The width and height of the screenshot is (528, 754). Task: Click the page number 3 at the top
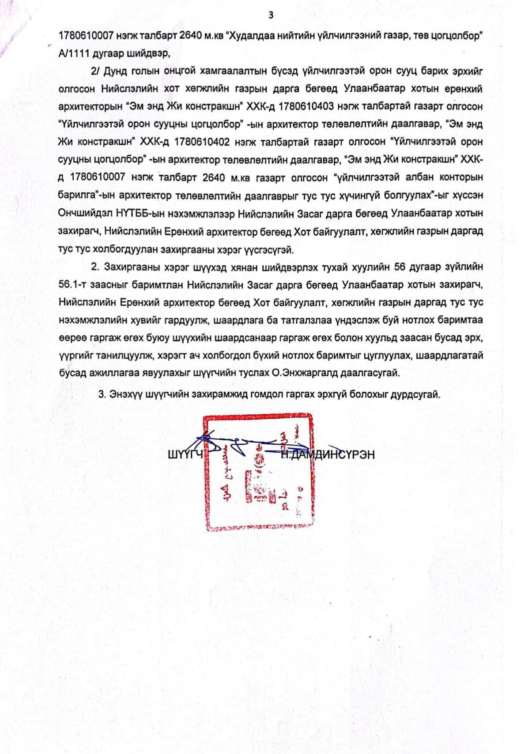point(271,15)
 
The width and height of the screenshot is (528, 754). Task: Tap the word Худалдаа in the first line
point(250,36)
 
